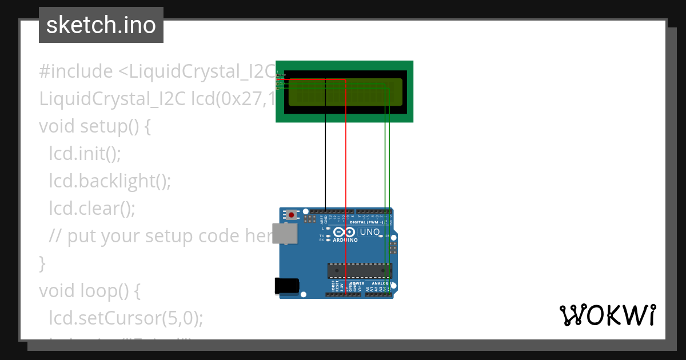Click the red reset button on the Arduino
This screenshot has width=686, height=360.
pyautogui.click(x=292, y=215)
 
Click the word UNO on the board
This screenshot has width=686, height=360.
pyautogui.click(x=369, y=232)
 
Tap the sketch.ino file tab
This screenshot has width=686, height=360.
pyautogui.click(x=101, y=25)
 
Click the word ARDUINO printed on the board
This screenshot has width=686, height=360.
pyautogui.click(x=345, y=240)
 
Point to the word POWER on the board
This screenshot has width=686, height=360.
pyautogui.click(x=357, y=283)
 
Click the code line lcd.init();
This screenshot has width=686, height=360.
pyautogui.click(x=85, y=154)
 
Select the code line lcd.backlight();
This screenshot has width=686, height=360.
pyautogui.click(x=110, y=181)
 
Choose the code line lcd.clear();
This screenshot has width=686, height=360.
pyautogui.click(x=92, y=209)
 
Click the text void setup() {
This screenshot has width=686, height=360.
pyautogui.click(x=95, y=126)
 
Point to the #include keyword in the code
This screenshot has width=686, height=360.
pyautogui.click(x=76, y=71)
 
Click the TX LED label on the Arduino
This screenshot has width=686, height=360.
pyautogui.click(x=322, y=236)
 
